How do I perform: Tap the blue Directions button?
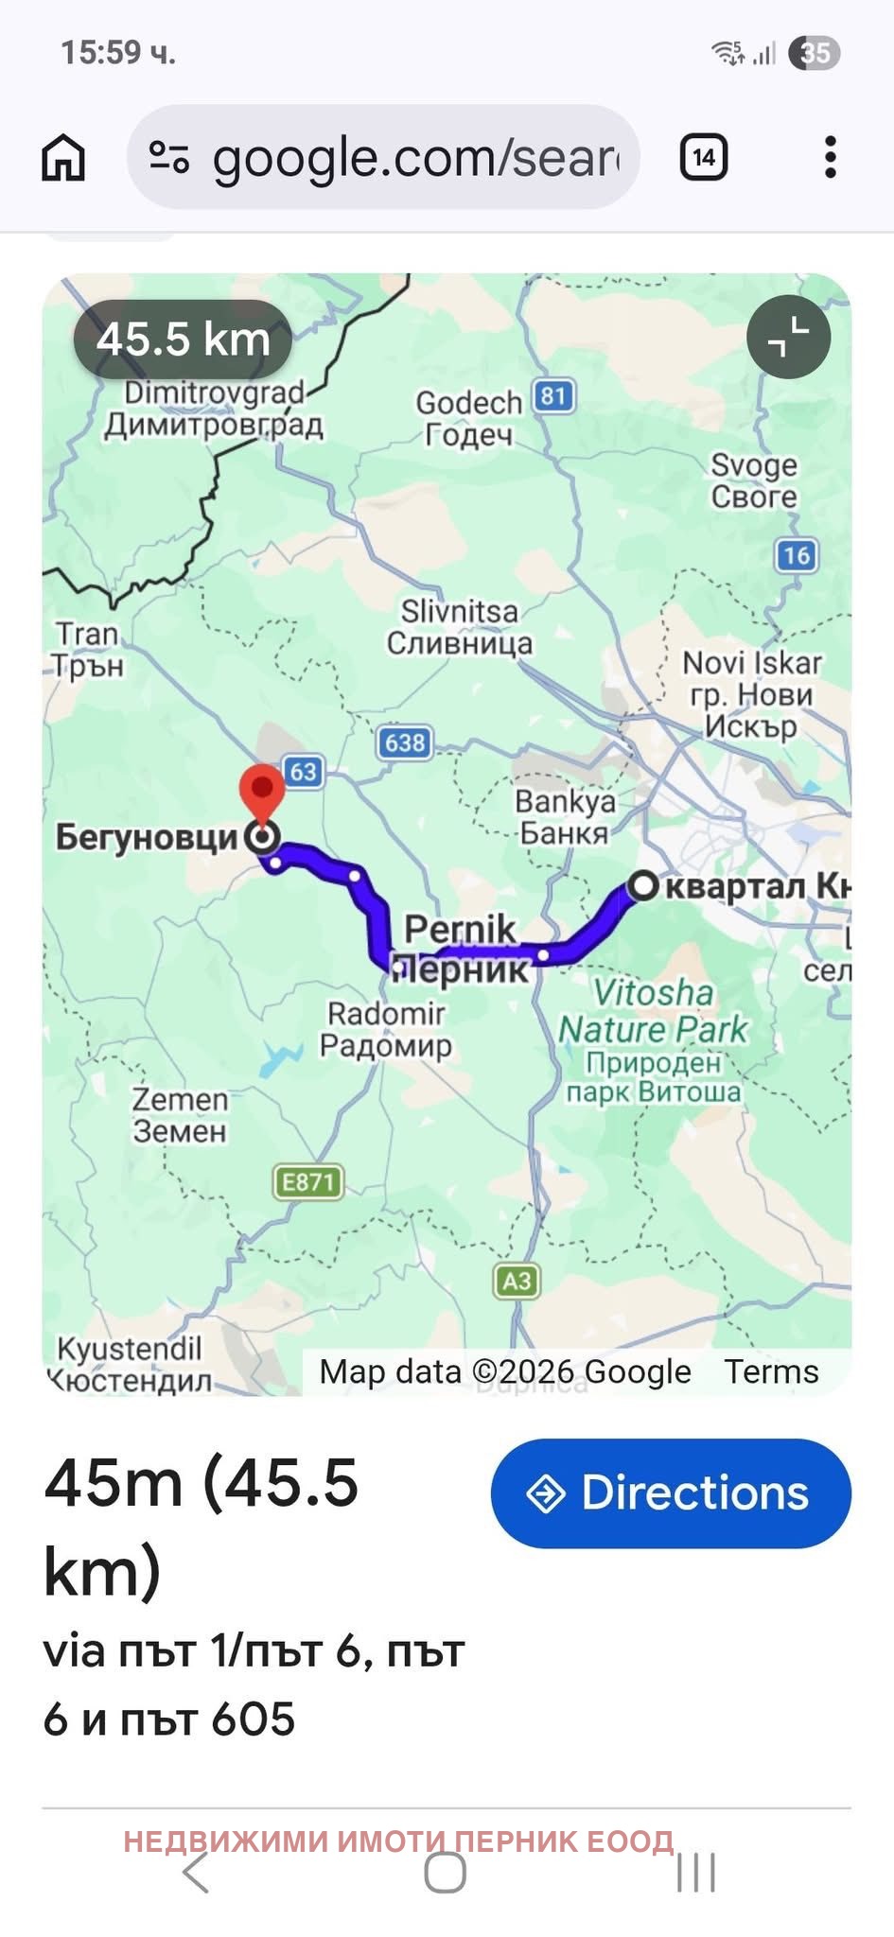(670, 1493)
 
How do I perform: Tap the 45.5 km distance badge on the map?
(184, 340)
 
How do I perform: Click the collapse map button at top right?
(788, 338)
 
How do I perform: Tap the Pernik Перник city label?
(462, 949)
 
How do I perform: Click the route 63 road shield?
(302, 772)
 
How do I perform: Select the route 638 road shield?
(405, 742)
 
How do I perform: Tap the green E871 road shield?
(308, 1182)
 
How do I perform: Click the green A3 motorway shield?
(517, 1282)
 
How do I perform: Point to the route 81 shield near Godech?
(553, 395)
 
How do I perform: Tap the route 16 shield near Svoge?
(796, 555)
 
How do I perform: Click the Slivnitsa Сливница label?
(460, 627)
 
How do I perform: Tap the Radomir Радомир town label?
(386, 1029)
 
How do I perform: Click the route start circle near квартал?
(642, 886)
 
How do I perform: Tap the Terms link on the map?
(771, 1371)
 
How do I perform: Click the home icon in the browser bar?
(63, 157)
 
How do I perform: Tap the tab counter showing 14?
(703, 157)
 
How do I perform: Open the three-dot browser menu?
(830, 157)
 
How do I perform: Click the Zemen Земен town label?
(180, 1115)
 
